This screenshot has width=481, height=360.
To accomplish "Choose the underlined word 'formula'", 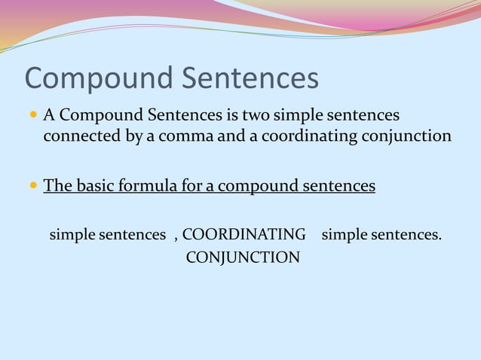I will coord(146,185).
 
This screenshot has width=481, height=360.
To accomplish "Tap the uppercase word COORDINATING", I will coord(244,235).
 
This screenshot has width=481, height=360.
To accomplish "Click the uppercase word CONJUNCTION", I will coord(242,258).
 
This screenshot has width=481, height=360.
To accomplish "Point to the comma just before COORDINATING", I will coord(176,237).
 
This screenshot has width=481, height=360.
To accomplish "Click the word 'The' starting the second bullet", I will coord(57,185).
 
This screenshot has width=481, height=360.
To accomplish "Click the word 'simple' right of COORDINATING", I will coord(345,235).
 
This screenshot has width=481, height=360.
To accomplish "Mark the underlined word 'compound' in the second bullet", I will coord(257,185).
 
